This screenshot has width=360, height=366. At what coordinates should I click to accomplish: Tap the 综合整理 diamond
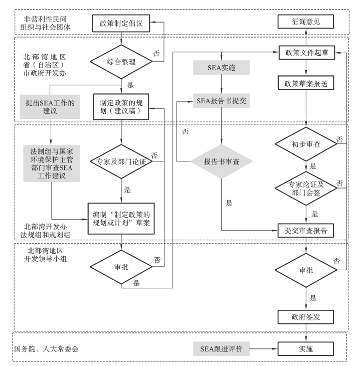[x=121, y=63]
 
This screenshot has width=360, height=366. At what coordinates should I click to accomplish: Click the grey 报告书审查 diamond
[x=221, y=162]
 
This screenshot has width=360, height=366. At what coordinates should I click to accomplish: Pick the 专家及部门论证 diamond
[x=121, y=162]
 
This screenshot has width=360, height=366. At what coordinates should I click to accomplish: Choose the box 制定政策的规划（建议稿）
[x=121, y=105]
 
